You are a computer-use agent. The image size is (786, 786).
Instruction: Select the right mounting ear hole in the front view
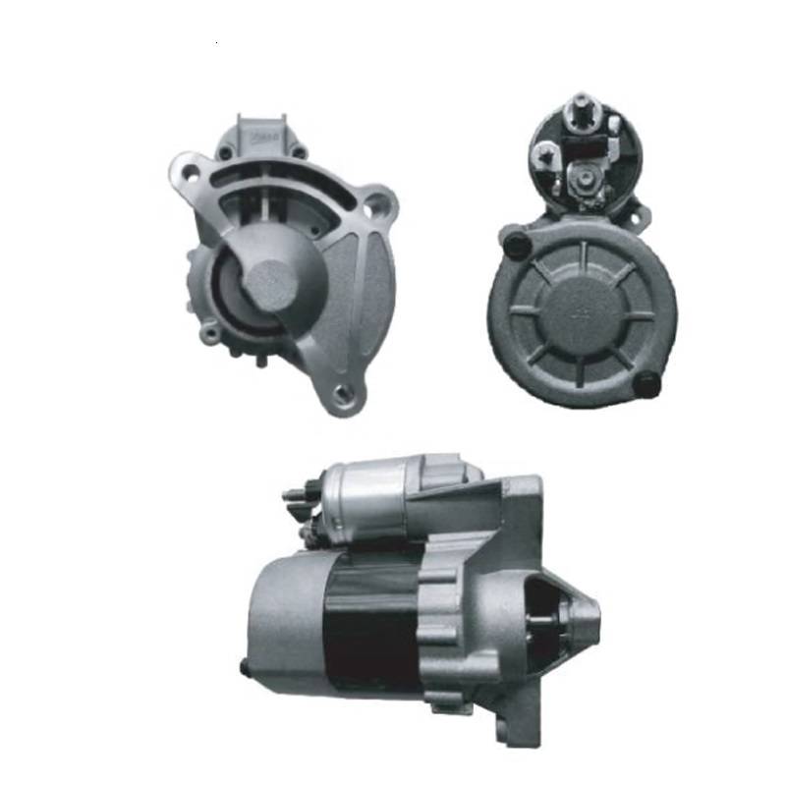click(x=375, y=206)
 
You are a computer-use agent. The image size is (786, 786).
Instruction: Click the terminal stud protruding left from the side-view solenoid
click(x=295, y=495)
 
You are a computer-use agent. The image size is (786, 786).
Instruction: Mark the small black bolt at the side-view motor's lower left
click(x=244, y=667)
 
